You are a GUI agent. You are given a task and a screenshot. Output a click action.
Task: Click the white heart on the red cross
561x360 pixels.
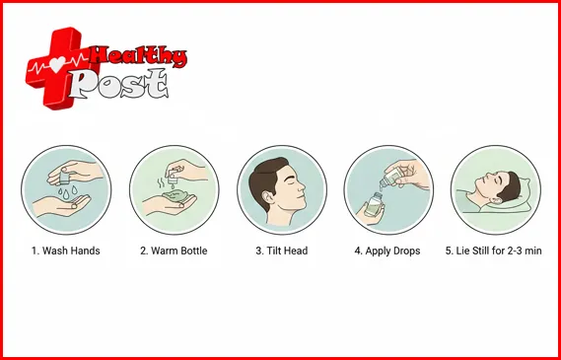coord(57,64)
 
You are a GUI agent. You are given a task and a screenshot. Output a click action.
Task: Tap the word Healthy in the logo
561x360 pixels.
coord(138,56)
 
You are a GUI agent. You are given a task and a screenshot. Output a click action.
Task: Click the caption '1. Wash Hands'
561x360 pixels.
coord(66,251)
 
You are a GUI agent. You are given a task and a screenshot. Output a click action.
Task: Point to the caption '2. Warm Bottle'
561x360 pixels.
coord(174,251)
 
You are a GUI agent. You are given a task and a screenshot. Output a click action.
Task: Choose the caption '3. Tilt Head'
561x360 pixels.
coord(282,251)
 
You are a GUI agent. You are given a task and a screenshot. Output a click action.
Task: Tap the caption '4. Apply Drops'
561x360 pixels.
coord(387,251)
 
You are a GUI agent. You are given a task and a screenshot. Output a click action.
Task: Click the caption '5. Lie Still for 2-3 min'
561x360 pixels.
coord(493,251)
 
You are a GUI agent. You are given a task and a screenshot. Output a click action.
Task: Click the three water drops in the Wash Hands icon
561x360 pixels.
coord(67,191)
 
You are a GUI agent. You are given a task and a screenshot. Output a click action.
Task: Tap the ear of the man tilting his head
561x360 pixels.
coord(266,197)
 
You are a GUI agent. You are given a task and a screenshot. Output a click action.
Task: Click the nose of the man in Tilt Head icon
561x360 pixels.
coord(302,186)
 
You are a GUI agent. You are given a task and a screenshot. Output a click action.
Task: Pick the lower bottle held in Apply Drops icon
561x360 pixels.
coord(374,204)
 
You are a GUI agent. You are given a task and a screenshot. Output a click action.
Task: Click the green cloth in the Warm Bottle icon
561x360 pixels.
coord(177,196)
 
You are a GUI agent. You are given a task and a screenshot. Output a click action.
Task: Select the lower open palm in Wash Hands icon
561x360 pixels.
coord(62,206)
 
